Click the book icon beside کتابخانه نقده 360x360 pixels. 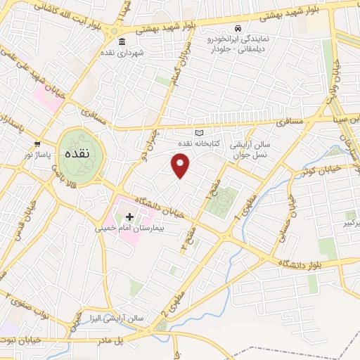tap(199, 132)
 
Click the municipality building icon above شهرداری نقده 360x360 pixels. tap(123, 40)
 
